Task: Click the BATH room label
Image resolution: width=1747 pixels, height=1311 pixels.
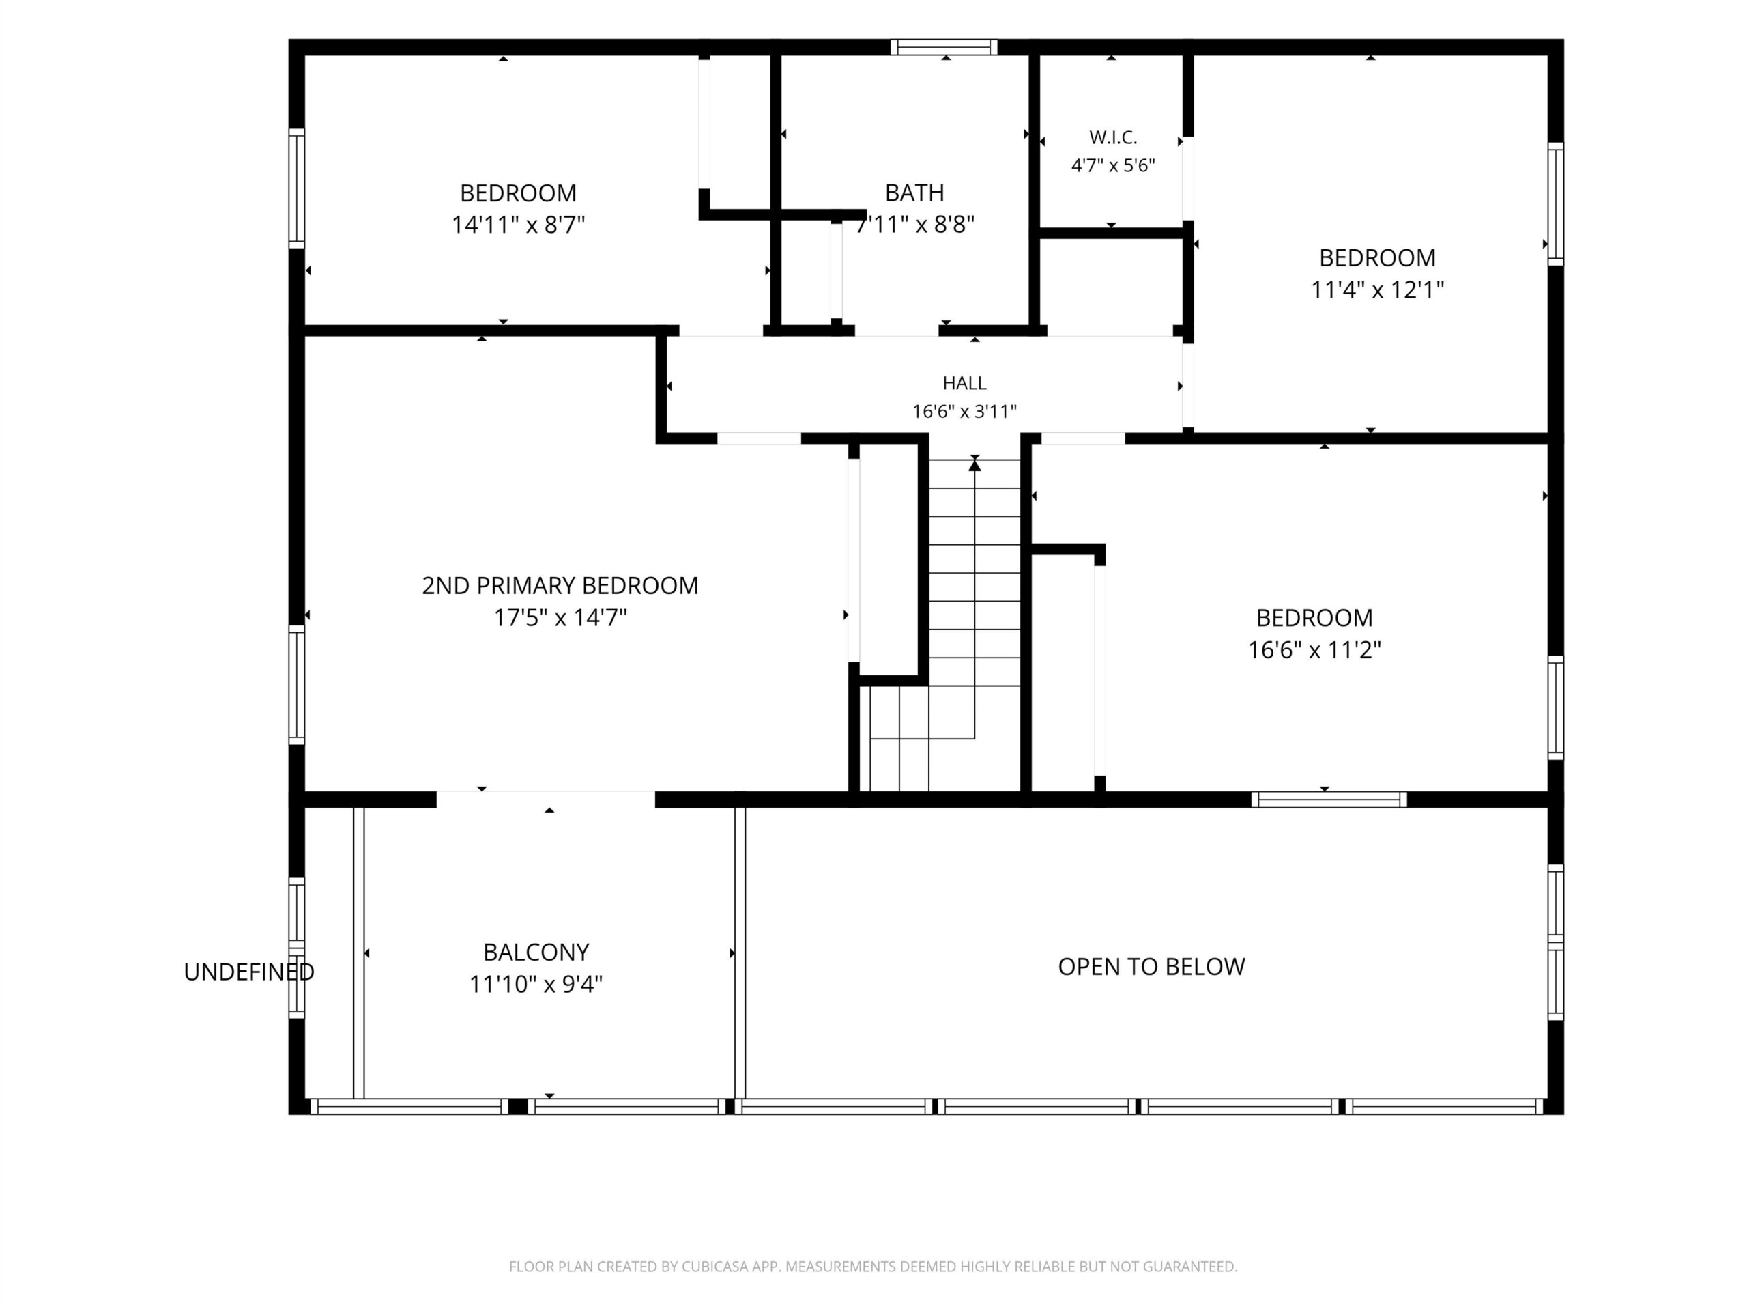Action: [914, 193]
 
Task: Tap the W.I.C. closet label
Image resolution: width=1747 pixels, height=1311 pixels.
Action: [1113, 137]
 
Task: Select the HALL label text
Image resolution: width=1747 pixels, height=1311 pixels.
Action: [964, 383]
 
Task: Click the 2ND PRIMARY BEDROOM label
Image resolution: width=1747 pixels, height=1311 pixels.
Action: [560, 586]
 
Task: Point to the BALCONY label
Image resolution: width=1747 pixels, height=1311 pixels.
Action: [536, 953]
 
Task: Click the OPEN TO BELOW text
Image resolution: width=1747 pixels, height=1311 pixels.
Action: [1151, 966]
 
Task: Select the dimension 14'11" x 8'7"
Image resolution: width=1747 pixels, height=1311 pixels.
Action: [518, 225]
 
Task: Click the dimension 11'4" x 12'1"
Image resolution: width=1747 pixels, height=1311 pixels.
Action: [1377, 290]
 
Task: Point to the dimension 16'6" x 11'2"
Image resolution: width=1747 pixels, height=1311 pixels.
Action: [1314, 650]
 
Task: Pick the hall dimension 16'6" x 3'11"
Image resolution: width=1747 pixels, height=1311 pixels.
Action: [964, 412]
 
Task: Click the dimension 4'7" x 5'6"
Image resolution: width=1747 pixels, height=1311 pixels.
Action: [1113, 166]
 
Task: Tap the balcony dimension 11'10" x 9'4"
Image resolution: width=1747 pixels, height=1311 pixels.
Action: [536, 985]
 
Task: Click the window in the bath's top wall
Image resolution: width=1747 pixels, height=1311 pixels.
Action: [944, 47]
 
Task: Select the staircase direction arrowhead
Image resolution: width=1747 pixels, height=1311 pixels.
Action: [974, 466]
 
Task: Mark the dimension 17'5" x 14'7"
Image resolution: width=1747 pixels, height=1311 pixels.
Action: [560, 618]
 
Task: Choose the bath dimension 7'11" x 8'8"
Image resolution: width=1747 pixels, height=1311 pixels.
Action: [914, 225]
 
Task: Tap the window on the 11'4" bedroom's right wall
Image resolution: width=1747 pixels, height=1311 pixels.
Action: [1555, 204]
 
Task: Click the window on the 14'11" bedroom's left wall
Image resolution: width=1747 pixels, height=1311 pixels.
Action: [297, 188]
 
